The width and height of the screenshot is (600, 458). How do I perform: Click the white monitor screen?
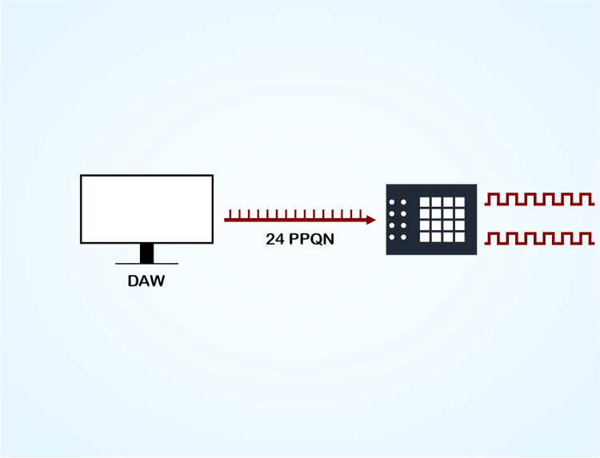coord(146,209)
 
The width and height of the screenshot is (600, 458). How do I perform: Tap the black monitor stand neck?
coord(146,253)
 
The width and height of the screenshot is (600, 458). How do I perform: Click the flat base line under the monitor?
coord(146,263)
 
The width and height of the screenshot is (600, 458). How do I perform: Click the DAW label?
coord(146,281)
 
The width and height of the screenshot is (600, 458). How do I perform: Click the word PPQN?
coord(310,238)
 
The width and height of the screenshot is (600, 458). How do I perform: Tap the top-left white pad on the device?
coord(425,202)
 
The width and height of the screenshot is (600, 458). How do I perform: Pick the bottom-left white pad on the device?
coord(425,237)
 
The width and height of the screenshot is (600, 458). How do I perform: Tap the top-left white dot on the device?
coord(392,202)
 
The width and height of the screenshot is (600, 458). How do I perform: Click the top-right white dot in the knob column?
coord(403,202)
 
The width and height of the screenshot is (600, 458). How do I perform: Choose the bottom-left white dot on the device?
coord(392,237)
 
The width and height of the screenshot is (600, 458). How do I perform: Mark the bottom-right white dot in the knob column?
coord(403,237)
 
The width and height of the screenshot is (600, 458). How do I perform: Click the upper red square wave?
coord(540,198)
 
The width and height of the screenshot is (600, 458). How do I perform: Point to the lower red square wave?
coord(540,237)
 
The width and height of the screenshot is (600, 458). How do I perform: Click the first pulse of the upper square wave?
coord(495,197)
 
